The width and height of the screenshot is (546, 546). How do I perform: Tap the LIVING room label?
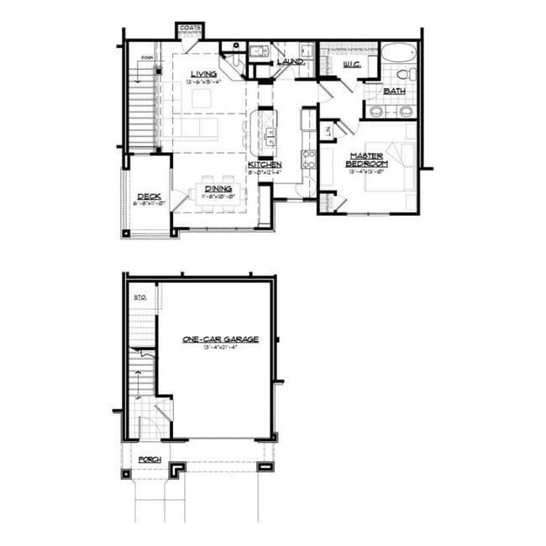tap(204, 73)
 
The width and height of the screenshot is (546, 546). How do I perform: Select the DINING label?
tap(218, 189)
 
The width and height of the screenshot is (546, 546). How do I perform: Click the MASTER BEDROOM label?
tap(366, 160)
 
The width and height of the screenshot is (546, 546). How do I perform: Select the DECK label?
tap(149, 197)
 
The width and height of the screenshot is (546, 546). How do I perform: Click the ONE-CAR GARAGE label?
tap(220, 339)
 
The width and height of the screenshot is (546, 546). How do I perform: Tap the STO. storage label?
tap(140, 297)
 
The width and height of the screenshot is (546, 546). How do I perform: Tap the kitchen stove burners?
tap(308, 159)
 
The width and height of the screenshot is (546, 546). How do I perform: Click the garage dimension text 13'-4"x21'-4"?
tap(220, 347)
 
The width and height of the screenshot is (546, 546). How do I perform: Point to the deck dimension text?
tap(149, 203)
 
